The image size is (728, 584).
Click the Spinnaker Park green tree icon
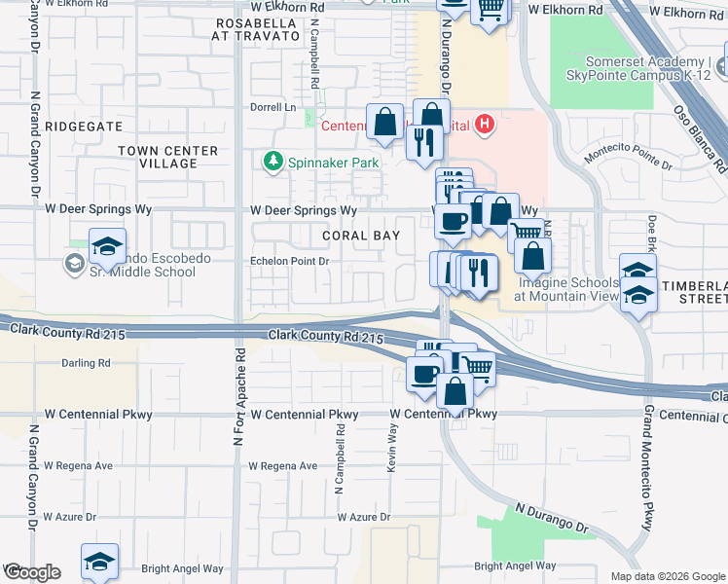point(274,162)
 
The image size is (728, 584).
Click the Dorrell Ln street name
point(273,107)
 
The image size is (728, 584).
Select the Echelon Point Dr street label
point(290,261)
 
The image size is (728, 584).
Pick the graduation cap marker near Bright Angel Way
point(99,562)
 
